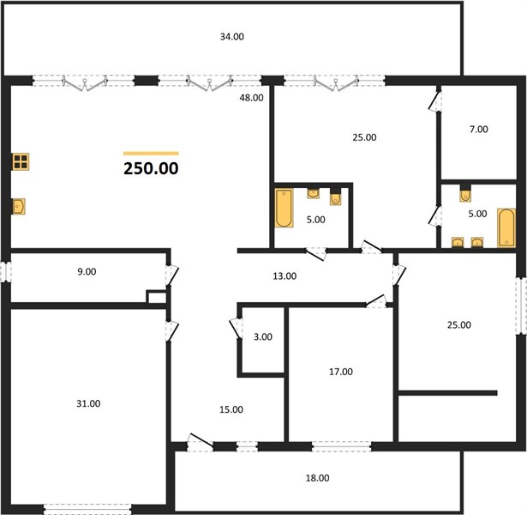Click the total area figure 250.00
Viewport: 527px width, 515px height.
[151, 168]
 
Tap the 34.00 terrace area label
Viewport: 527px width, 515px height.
[232, 37]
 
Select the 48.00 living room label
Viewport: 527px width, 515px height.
[251, 98]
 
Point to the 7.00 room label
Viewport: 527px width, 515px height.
[479, 130]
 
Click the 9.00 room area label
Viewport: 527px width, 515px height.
[87, 271]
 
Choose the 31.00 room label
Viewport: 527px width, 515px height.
[88, 403]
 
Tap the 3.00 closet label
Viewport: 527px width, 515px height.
[263, 337]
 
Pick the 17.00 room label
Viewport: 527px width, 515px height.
[341, 372]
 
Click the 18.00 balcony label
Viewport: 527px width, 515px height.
[317, 478]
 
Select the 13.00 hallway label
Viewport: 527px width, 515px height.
[284, 276]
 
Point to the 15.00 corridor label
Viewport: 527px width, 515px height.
[231, 409]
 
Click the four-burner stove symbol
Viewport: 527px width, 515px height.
[21, 161]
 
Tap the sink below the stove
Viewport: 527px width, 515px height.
[19, 206]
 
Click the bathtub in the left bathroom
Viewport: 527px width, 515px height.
[284, 208]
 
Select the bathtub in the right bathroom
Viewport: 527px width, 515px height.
[506, 227]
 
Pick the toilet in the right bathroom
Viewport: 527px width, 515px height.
[465, 194]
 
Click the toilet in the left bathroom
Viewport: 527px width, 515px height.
[335, 197]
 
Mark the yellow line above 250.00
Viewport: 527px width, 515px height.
[151, 154]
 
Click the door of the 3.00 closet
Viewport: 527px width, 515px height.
[236, 328]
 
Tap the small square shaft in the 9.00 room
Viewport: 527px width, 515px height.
[157, 297]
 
